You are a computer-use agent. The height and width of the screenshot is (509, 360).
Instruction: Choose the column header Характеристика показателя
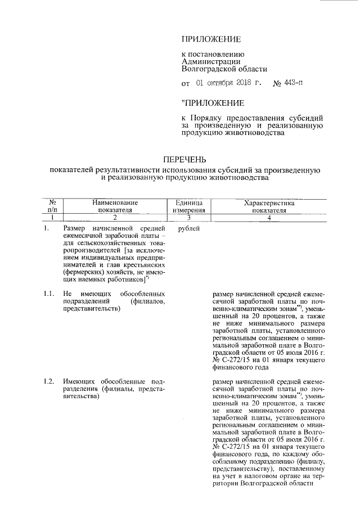tap(269, 206)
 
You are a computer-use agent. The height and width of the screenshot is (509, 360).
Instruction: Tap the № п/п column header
tap(52, 206)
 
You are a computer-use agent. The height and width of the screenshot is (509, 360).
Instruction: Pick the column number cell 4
tap(269, 217)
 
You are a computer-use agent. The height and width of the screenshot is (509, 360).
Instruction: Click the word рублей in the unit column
tap(187, 229)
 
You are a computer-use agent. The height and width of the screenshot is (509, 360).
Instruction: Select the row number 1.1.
tap(49, 294)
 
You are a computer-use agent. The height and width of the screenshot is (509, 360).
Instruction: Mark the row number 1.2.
tap(49, 382)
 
